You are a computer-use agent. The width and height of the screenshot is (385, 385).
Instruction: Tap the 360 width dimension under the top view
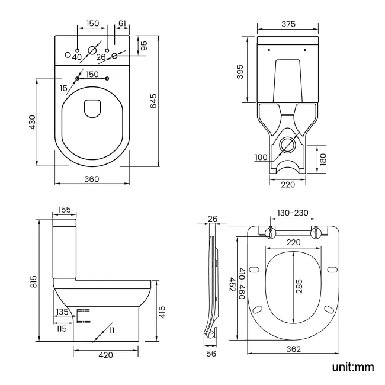point(91,179)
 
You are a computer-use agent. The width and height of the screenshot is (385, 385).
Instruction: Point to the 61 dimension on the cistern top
point(122,24)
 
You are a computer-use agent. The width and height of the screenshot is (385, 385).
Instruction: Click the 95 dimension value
point(143,45)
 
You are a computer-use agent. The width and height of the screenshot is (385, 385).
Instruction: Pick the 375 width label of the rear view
point(288,24)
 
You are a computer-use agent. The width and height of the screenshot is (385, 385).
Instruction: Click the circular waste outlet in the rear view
point(288,144)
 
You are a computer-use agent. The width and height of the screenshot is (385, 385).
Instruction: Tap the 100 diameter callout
point(262,158)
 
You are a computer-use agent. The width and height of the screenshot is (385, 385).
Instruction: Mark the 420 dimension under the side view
point(105,355)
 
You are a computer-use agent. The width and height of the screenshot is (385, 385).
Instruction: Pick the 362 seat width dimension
point(294,349)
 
